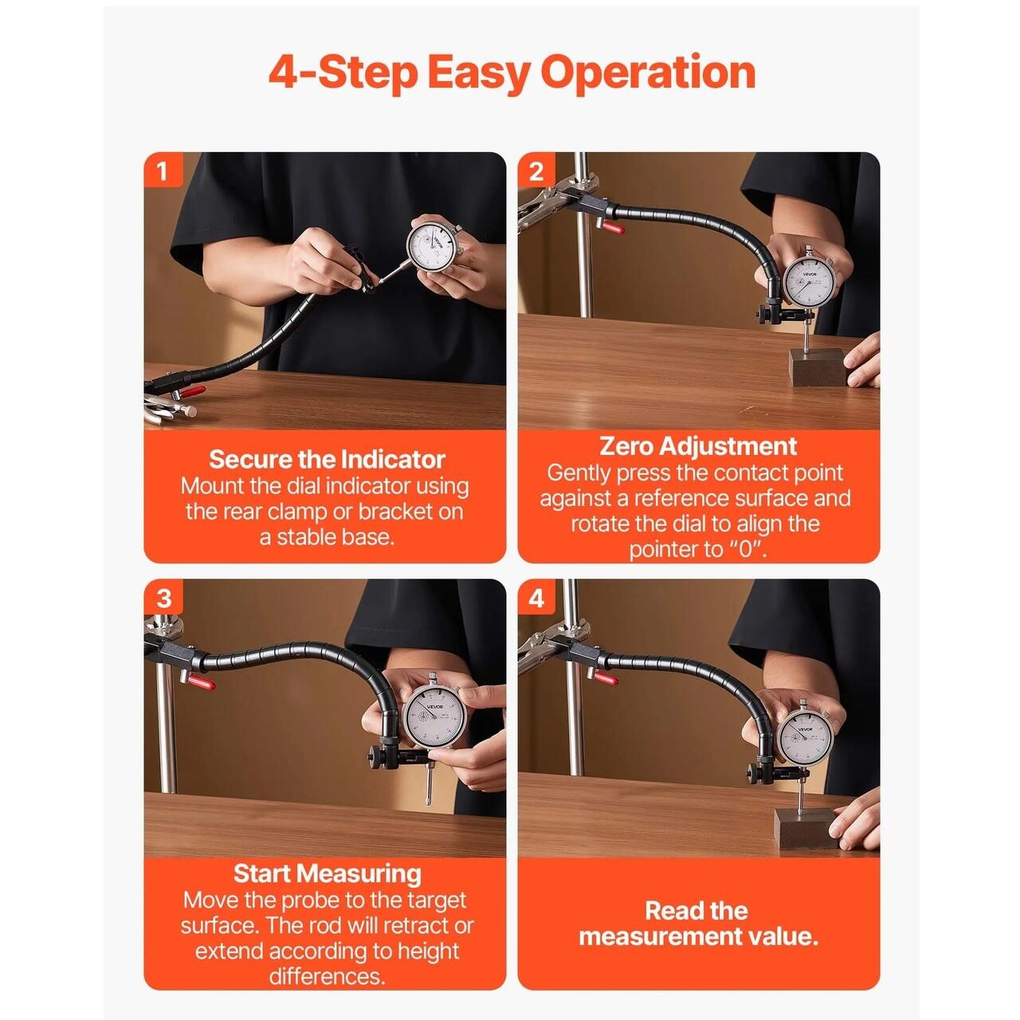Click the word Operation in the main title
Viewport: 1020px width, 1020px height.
647,74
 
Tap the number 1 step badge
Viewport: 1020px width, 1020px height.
163,171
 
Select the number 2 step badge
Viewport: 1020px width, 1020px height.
536,171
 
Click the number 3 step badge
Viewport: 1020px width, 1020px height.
163,598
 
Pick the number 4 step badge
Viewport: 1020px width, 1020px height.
536,598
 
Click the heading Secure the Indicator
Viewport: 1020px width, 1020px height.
327,459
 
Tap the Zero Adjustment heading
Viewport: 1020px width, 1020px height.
698,446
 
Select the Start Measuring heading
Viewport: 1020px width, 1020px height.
327,873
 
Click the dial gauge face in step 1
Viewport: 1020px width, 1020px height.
432,247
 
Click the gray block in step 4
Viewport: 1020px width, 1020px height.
806,828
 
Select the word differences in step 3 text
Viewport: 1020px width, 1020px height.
327,976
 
